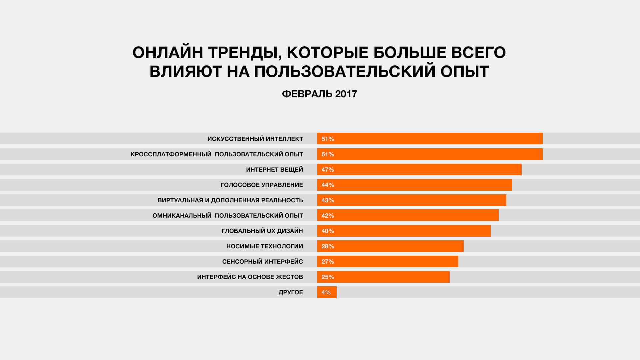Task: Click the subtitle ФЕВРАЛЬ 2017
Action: [319, 94]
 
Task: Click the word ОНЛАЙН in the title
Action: [168, 53]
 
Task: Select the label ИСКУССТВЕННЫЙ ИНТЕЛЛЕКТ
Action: [255, 139]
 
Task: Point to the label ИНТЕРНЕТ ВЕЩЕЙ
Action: [274, 170]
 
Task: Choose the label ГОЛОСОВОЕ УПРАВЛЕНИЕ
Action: [262, 185]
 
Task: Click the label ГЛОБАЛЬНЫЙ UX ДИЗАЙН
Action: [262, 231]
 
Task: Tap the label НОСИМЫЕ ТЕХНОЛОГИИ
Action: [265, 246]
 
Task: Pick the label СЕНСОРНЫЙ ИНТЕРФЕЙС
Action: [263, 262]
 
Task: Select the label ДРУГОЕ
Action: [291, 292]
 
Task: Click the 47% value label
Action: [328, 170]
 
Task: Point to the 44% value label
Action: [328, 185]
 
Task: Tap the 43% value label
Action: [328, 200]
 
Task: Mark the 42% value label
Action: [328, 216]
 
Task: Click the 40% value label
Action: [328, 231]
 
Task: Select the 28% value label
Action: [328, 246]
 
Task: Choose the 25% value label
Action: [328, 277]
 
